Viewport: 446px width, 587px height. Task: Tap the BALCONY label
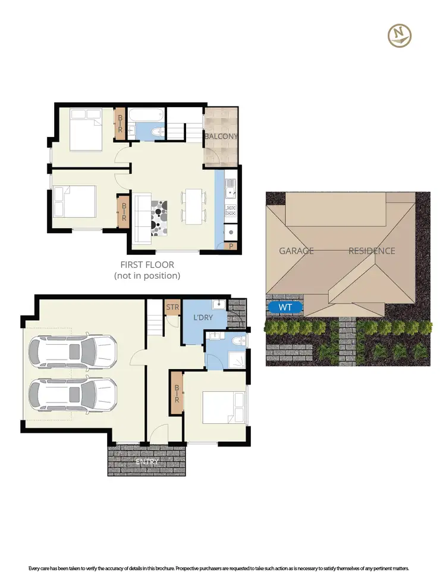tap(221, 136)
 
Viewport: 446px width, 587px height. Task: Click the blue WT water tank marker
tap(286, 307)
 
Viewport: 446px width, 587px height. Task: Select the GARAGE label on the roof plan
tap(296, 251)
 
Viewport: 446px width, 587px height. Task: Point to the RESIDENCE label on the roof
tap(372, 251)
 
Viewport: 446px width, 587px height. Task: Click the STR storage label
tap(172, 308)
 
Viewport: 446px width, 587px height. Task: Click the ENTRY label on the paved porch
tap(147, 461)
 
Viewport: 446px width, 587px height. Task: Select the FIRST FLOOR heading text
tap(147, 264)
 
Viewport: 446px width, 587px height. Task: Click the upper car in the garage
tap(73, 351)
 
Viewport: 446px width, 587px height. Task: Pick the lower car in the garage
tap(73, 394)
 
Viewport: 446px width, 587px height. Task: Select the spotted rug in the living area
tap(162, 216)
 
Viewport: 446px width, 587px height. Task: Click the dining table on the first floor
tap(193, 206)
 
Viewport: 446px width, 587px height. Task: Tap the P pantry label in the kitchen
tap(231, 246)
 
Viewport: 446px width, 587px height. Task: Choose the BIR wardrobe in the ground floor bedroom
tap(176, 394)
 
